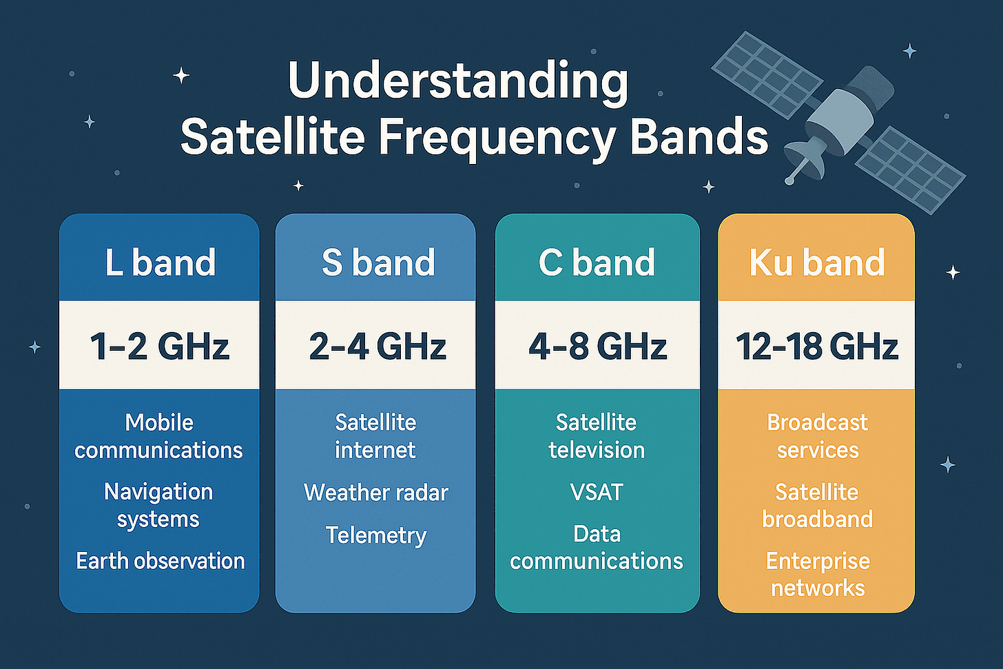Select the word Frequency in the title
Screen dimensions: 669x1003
point(497,137)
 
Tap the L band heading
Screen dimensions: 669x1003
point(160,263)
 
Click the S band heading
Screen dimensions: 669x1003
point(378,263)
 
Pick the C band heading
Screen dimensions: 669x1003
point(597,263)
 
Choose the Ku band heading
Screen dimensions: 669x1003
point(817,263)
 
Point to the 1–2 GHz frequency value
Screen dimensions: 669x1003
point(160,345)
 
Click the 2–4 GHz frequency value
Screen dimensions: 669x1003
point(378,345)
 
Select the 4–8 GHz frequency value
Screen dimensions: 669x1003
point(597,345)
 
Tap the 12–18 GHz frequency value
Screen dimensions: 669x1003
point(817,345)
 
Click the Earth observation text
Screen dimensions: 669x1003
point(160,561)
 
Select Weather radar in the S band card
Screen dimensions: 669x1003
point(376,493)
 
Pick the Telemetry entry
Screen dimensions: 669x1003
point(376,535)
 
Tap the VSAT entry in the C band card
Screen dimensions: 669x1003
point(597,493)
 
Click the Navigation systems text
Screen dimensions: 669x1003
point(158,505)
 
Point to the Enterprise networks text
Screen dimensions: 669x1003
point(818,574)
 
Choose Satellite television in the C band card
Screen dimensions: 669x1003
point(597,436)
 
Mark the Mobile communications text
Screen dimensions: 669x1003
point(158,436)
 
